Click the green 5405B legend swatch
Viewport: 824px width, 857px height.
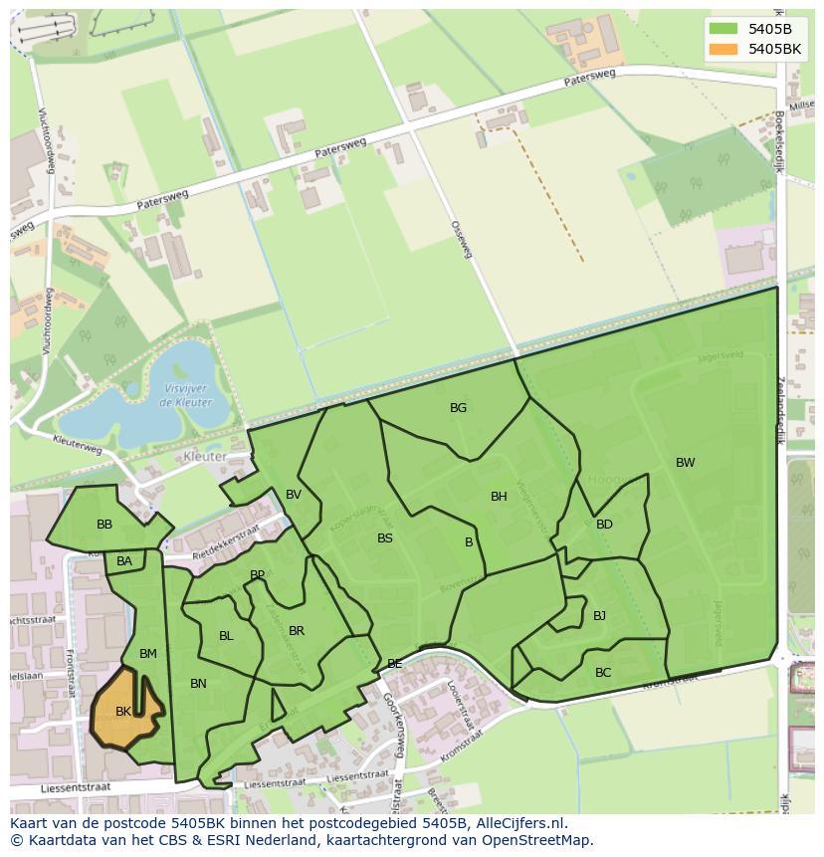(x=725, y=28)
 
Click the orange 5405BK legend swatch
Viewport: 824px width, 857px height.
(x=725, y=48)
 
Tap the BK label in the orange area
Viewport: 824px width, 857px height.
(x=123, y=712)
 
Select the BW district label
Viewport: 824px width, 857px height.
(x=685, y=463)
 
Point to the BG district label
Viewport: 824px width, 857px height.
(x=458, y=408)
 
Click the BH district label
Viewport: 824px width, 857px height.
(x=499, y=497)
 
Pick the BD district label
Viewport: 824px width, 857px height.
(x=604, y=525)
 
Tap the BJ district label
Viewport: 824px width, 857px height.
(x=599, y=616)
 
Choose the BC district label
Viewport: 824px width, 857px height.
(x=603, y=673)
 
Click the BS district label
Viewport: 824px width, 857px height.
(x=385, y=538)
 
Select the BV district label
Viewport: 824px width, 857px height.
(x=294, y=495)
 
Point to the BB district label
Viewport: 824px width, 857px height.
(x=104, y=525)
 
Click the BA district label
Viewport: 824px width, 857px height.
(x=124, y=561)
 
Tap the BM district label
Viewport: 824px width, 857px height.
(x=148, y=654)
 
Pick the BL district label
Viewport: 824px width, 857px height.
(x=226, y=636)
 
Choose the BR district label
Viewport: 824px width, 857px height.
(x=297, y=631)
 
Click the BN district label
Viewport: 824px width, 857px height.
(x=198, y=684)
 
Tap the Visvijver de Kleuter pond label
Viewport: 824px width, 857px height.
(x=184, y=396)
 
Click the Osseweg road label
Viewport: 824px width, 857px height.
(x=461, y=239)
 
